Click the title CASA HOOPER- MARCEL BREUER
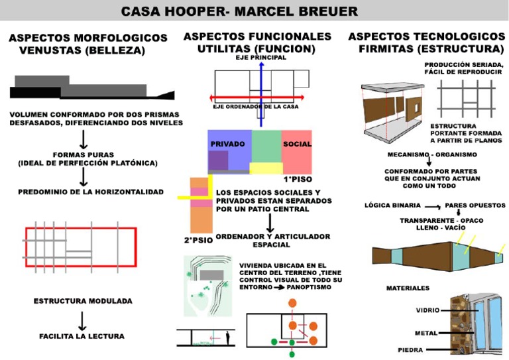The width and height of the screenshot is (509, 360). [239, 11]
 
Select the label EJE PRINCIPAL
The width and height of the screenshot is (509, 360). [260, 58]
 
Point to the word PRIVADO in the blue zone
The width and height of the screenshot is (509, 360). [227, 144]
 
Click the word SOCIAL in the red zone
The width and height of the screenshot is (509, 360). [296, 144]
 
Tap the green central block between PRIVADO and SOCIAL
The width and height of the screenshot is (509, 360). [266, 149]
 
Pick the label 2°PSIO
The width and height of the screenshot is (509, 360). [198, 239]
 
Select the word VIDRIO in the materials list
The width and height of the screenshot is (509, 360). [427, 310]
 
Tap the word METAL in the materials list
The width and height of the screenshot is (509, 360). [425, 332]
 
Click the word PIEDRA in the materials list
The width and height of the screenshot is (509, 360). [411, 349]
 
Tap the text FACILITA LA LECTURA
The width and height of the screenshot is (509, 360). [82, 336]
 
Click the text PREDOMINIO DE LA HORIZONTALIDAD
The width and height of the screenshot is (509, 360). [86, 192]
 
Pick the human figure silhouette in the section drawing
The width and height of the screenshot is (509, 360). [227, 338]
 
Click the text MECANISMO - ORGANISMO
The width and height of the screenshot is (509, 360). [432, 154]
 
